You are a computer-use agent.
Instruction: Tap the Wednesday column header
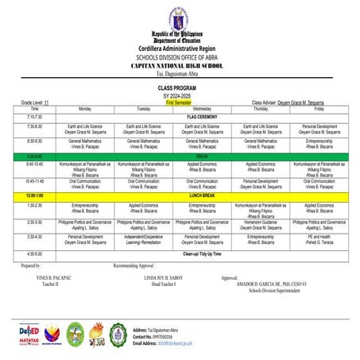202,108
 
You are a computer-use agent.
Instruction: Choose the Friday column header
319,108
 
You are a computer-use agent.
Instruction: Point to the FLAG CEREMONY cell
202,116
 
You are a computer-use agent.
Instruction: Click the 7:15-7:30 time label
34,116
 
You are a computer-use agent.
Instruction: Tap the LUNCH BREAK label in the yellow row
202,195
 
